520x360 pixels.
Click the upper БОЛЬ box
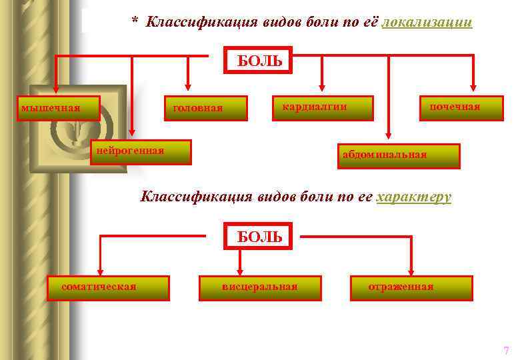coord(259,61)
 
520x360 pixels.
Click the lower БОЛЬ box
coord(259,236)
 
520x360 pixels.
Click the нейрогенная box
coord(141,151)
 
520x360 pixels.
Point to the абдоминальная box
coord(399,156)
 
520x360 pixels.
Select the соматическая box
coord(108,288)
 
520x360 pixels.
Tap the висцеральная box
coord(260,288)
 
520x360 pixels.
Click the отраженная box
coord(411,288)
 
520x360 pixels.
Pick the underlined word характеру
coord(414,197)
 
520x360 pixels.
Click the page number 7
coord(506,350)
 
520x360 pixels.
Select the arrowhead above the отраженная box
coord(411,271)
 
